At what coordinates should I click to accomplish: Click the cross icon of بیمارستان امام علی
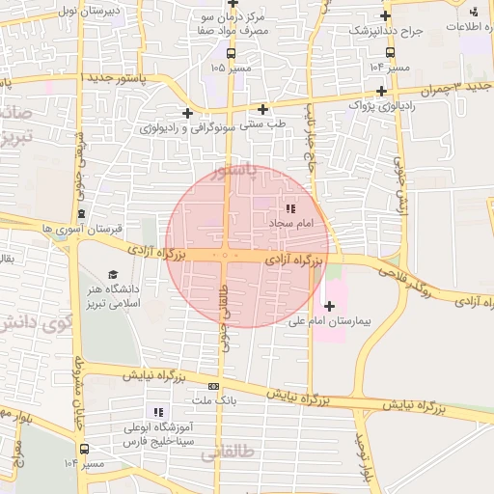click(331, 307)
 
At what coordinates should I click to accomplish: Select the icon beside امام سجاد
click(290, 209)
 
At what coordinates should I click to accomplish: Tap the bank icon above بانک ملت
click(213, 385)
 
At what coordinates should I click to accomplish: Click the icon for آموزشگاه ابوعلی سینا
click(173, 412)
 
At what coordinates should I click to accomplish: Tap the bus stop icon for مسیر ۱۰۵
click(231, 53)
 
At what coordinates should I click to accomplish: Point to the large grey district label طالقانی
click(228, 453)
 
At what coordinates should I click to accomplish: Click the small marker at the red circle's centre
click(225, 256)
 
